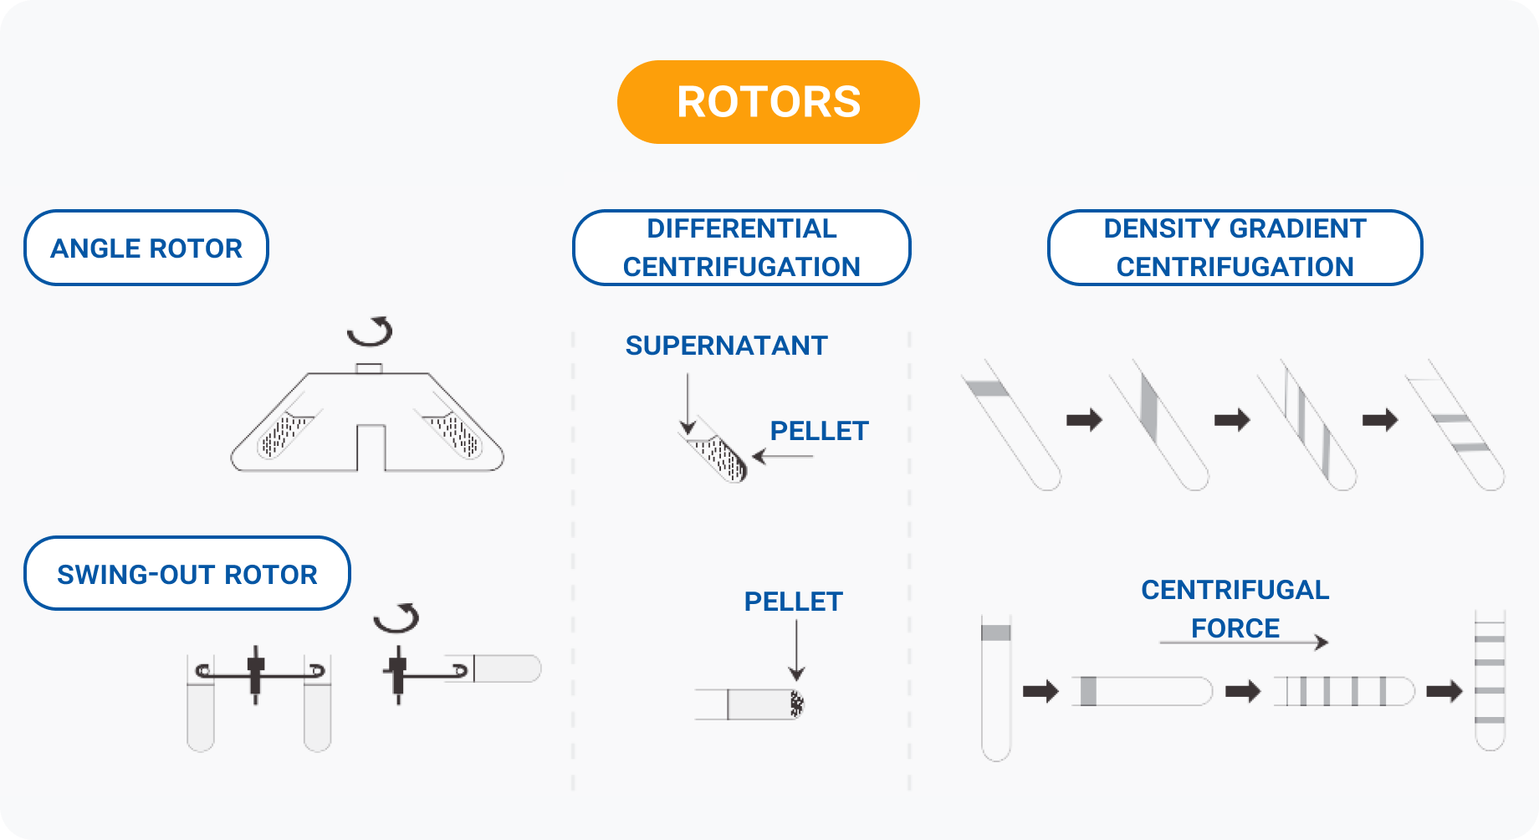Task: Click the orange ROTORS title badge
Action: [768, 102]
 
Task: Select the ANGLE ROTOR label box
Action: [146, 248]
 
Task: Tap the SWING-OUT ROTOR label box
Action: [187, 574]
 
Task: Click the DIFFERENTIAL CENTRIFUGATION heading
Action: [741, 248]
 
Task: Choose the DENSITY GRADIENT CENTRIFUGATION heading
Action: [1235, 248]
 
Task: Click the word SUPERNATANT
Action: [726, 346]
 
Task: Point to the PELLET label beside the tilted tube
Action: [819, 431]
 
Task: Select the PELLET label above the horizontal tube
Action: [793, 602]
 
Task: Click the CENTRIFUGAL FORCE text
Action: [1235, 608]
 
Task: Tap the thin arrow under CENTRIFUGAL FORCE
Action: [1243, 642]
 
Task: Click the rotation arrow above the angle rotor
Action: [371, 331]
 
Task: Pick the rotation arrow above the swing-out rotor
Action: [396, 617]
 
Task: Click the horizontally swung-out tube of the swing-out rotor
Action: [506, 668]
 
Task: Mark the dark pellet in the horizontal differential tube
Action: [796, 704]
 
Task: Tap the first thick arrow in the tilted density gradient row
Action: [1084, 419]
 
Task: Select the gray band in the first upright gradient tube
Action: [995, 633]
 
